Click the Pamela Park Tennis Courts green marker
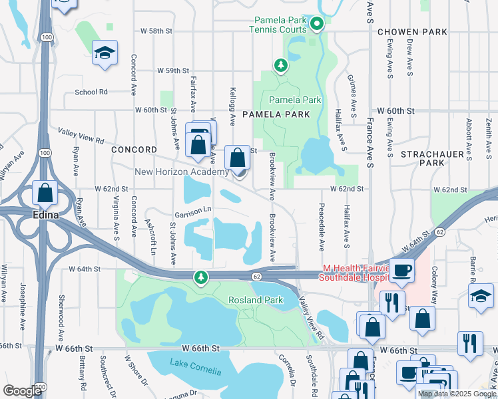[317, 25]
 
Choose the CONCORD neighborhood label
[134, 150]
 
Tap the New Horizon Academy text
[182, 172]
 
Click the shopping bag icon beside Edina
[45, 194]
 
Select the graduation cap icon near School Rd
[105, 53]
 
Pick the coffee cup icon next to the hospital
[401, 270]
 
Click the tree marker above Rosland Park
[200, 277]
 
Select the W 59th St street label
[173, 70]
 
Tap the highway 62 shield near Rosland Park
[256, 276]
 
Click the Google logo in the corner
[23, 391]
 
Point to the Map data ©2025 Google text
[457, 394]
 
